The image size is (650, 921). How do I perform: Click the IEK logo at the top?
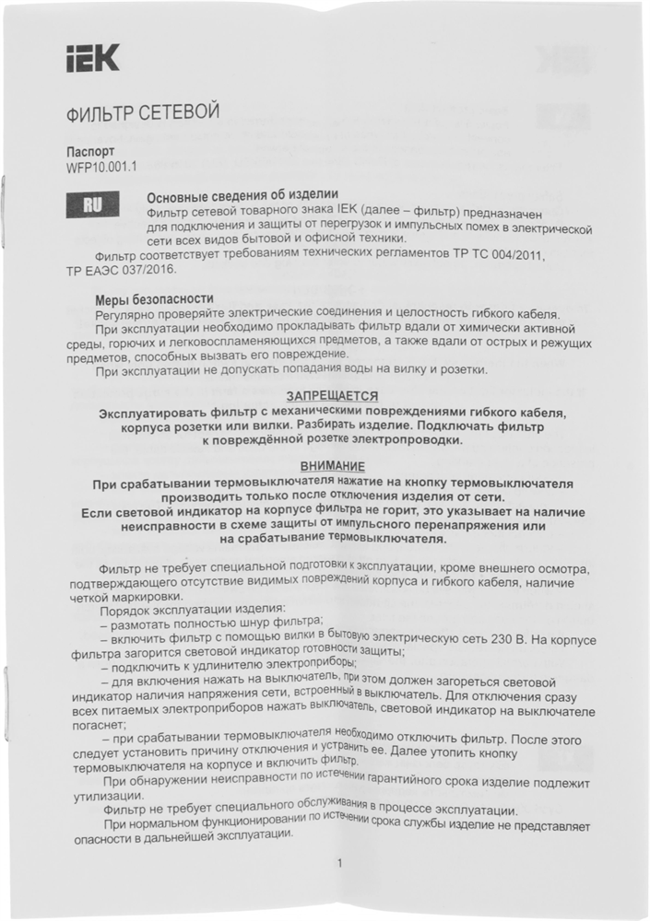point(92,62)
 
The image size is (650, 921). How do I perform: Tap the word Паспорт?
point(90,151)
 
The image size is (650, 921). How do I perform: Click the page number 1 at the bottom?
point(339,863)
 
